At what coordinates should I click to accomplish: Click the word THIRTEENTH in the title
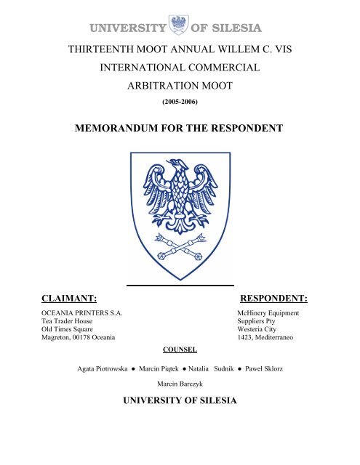click(99, 50)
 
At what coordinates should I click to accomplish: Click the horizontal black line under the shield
click(180, 285)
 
